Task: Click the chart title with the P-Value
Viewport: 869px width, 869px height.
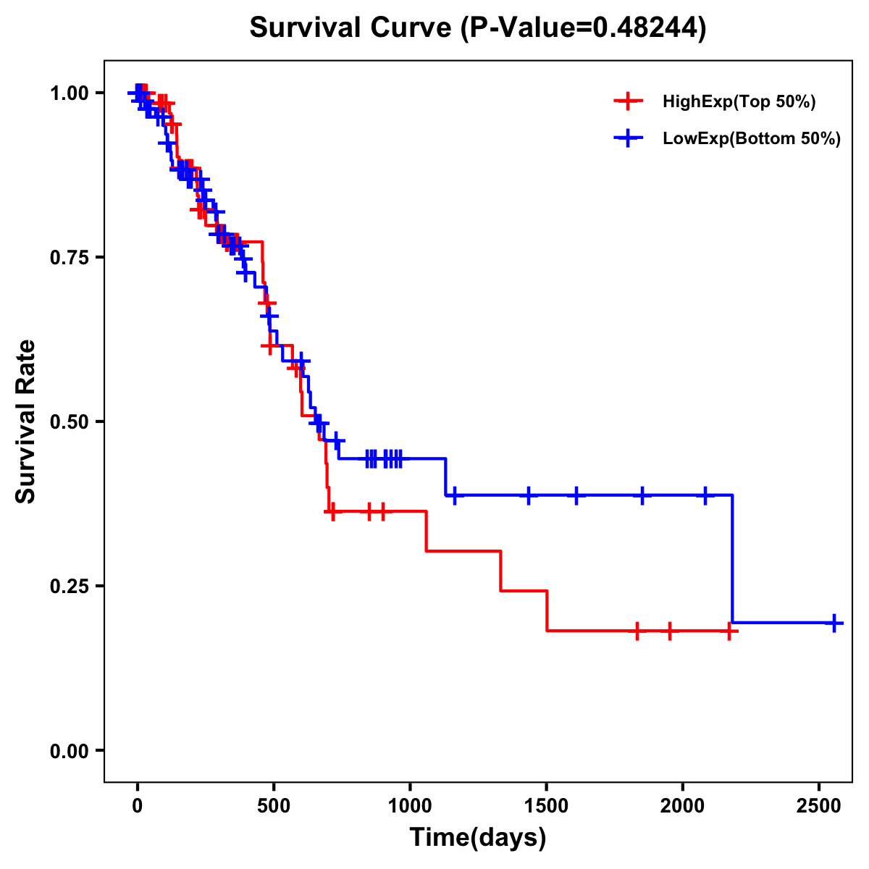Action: tap(478, 28)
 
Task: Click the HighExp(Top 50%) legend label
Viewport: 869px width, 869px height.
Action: tap(739, 102)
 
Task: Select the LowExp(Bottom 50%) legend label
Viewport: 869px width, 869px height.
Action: tap(752, 139)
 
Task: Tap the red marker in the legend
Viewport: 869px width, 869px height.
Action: tap(628, 101)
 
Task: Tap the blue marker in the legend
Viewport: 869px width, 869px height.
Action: tap(628, 138)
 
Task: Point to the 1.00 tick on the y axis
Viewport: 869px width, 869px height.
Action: tap(69, 93)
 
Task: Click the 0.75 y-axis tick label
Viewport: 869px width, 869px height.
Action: tap(69, 258)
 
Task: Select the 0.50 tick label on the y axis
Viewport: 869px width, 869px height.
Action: tap(69, 421)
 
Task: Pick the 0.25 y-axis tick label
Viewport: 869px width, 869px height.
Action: tap(69, 586)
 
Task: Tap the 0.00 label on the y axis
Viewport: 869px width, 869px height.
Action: tap(69, 750)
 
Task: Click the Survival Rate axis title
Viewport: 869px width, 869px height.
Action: tap(26, 421)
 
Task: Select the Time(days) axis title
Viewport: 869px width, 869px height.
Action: tap(478, 838)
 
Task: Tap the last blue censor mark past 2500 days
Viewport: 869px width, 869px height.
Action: tap(834, 623)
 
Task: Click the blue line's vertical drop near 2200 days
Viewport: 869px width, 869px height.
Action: tap(732, 558)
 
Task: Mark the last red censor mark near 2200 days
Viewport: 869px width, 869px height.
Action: tap(731, 631)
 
